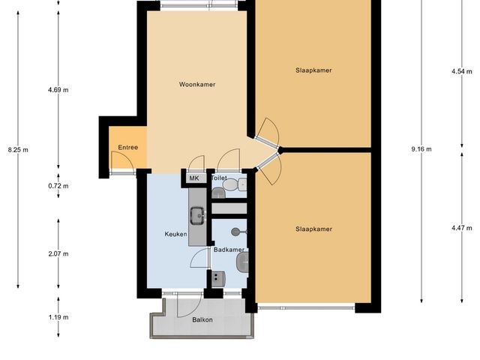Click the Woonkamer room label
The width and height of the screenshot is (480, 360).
[197, 85]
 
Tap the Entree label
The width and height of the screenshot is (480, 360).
[127, 148]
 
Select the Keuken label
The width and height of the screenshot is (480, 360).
[175, 234]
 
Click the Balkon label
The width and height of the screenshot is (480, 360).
[202, 320]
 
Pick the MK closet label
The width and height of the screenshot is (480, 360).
[193, 178]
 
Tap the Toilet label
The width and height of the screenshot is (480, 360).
[219, 178]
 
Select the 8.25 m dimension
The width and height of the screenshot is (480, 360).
[18, 150]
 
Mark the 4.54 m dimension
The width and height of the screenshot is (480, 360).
[459, 71]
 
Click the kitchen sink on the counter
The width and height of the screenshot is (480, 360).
[198, 216]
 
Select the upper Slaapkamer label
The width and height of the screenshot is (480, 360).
[313, 70]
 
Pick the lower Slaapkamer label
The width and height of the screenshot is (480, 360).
[313, 229]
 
